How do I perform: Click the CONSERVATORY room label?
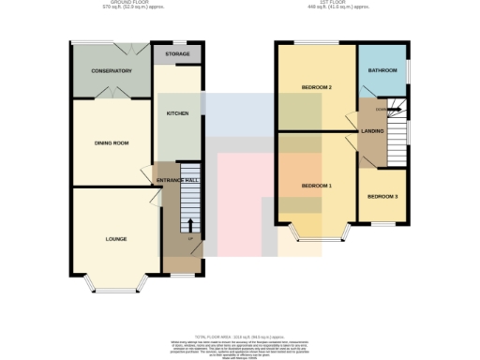click(111, 71)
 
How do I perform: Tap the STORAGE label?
click(177, 54)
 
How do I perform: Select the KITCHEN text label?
click(177, 112)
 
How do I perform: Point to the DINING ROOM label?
click(111, 143)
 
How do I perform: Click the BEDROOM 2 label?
click(317, 88)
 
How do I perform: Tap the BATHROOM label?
click(382, 70)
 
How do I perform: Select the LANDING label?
click(373, 131)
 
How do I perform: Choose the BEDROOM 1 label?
click(317, 186)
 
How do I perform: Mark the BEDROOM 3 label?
click(382, 196)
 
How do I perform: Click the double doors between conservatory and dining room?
click(111, 95)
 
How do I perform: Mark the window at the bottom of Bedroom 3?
click(382, 224)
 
